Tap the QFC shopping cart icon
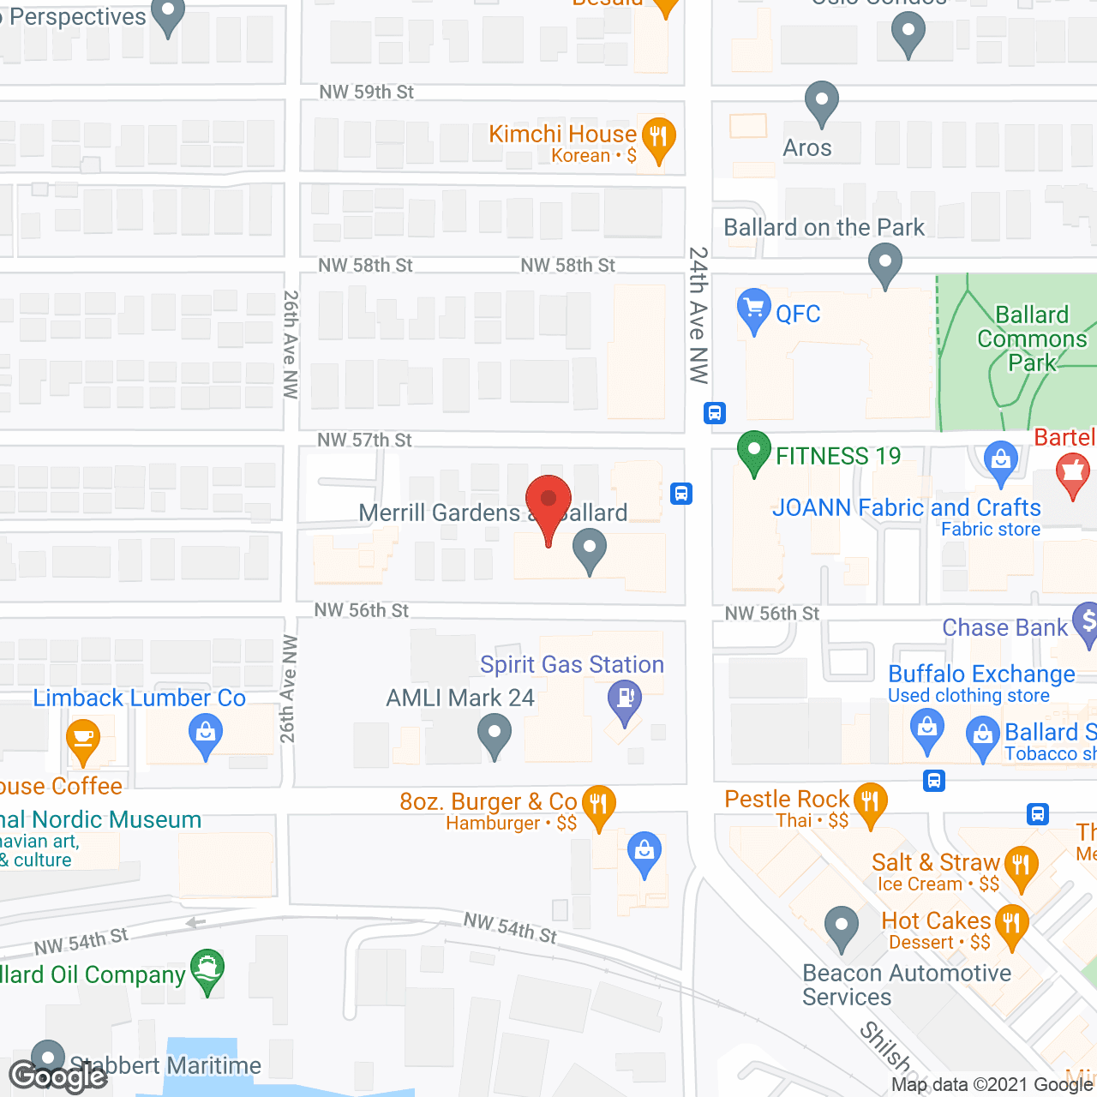click(x=753, y=309)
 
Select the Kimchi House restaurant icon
click(x=658, y=138)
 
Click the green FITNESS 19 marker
click(x=753, y=451)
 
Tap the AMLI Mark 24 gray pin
click(x=495, y=735)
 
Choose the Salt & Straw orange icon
click(x=1020, y=866)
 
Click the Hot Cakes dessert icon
click(x=1012, y=925)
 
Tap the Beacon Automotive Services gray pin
click(x=842, y=928)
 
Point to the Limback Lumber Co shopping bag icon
click(x=205, y=735)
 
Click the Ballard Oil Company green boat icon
click(x=207, y=970)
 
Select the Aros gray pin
click(x=822, y=102)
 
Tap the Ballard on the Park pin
click(x=885, y=264)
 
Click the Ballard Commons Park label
click(x=1032, y=339)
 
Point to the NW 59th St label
click(x=366, y=92)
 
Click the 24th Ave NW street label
click(x=699, y=315)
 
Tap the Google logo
click(x=57, y=1076)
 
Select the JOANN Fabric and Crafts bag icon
click(x=1000, y=462)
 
